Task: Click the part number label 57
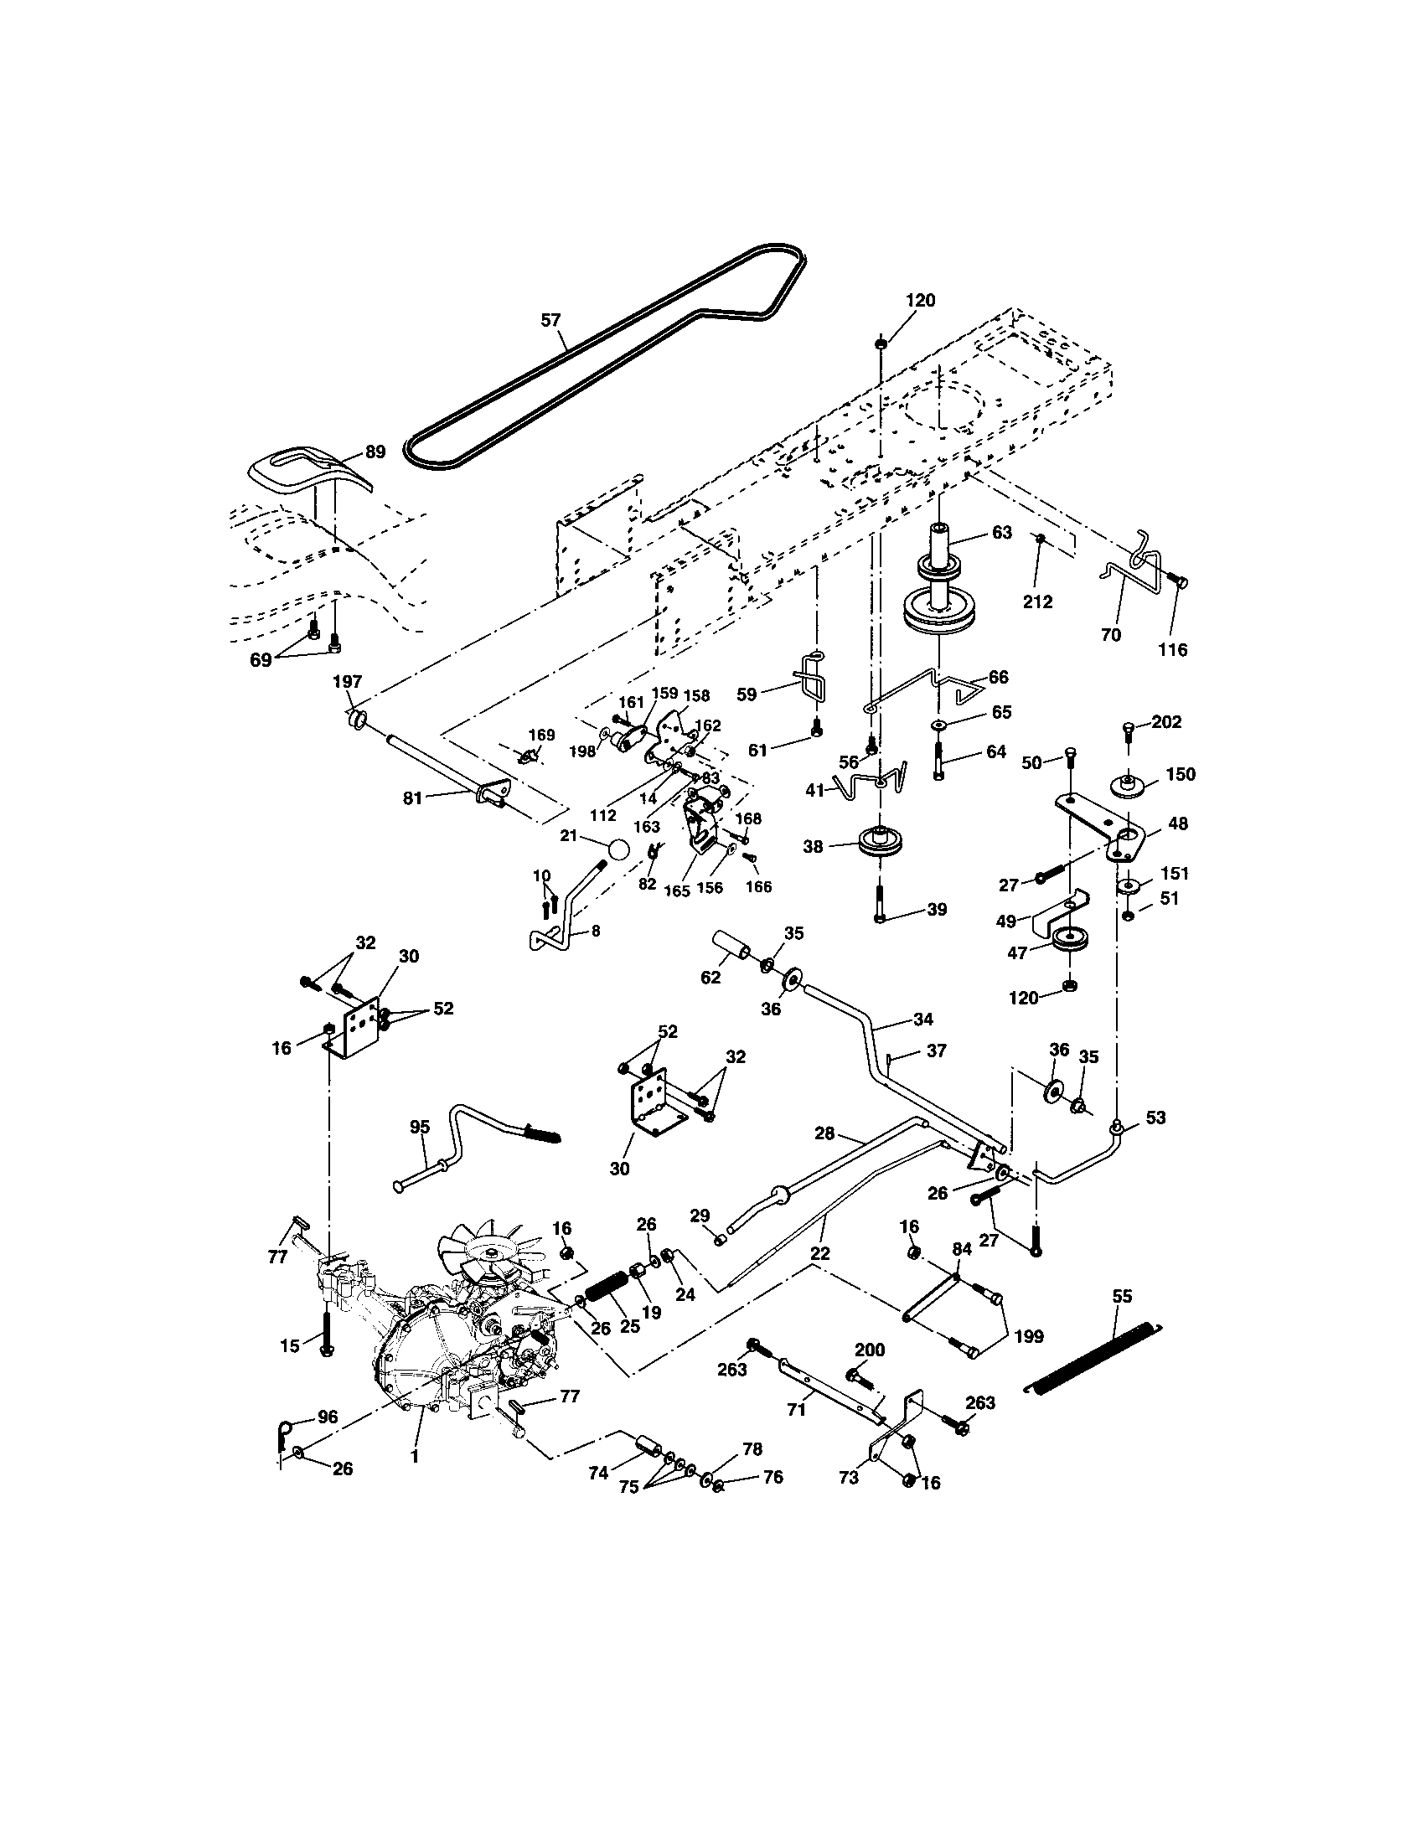[550, 320]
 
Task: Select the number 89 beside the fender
[375, 452]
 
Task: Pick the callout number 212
[1037, 601]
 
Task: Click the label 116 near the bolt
[1172, 650]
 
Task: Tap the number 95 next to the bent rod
[420, 1127]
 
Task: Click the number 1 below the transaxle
[414, 1456]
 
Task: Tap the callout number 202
[1166, 722]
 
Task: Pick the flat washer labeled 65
[938, 725]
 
